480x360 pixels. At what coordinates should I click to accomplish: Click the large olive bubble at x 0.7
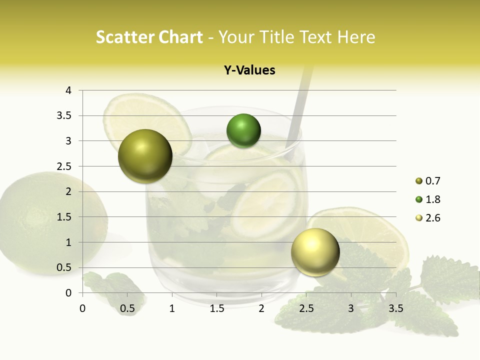[145, 156]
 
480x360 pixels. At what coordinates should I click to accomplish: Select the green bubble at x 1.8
[243, 131]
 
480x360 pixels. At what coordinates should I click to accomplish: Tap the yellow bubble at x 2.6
[315, 252]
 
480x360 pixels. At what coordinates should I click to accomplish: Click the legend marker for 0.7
[419, 181]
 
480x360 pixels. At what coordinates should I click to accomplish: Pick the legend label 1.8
[432, 199]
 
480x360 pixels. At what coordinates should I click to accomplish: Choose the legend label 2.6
[432, 218]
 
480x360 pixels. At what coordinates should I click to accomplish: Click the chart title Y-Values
[249, 70]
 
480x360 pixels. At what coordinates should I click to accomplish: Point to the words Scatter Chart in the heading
[149, 37]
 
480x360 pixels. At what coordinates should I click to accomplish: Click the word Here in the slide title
[356, 37]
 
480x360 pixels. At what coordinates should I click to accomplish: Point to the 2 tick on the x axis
[261, 308]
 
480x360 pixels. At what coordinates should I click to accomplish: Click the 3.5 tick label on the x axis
[395, 308]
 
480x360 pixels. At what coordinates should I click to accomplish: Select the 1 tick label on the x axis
[172, 308]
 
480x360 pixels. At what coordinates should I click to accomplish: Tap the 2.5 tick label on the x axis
[306, 308]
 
